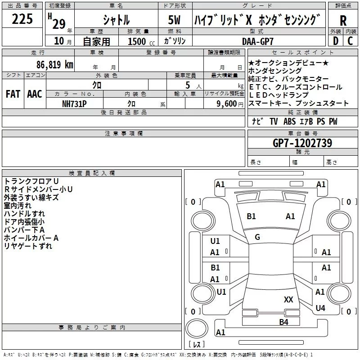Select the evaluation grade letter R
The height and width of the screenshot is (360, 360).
(x=343, y=21)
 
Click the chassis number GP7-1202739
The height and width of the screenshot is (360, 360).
(x=302, y=143)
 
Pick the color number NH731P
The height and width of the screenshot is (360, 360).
(x=74, y=103)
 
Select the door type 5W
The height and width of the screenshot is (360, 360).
(x=175, y=20)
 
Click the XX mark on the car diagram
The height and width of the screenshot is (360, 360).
(x=289, y=299)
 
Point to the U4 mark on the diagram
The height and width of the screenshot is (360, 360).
(x=320, y=308)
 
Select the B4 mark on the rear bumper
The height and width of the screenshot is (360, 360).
(x=283, y=322)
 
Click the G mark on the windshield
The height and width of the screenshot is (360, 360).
(x=257, y=237)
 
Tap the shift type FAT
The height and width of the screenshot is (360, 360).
(x=13, y=94)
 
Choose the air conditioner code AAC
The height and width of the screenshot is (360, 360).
(x=35, y=94)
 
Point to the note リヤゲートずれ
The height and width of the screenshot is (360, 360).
(x=28, y=246)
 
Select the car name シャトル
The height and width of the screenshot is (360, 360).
(x=116, y=20)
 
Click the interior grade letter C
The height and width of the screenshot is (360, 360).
(x=350, y=41)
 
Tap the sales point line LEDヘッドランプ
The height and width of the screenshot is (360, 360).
(x=279, y=95)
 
